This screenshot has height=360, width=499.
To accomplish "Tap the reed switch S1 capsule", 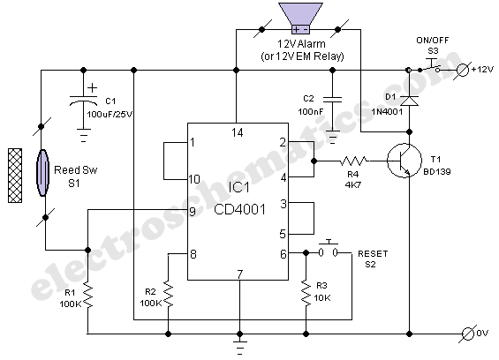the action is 43,173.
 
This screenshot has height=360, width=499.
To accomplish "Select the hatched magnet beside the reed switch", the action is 15,176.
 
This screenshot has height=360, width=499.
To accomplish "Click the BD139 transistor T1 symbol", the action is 404,161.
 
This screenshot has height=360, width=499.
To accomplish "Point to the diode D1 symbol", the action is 409,101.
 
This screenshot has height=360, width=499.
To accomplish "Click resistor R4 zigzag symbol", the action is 353,161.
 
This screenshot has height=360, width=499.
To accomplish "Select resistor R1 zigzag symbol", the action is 87,296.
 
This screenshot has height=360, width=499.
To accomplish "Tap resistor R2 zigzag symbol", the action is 168,294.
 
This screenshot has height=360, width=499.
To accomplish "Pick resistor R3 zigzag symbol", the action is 306,293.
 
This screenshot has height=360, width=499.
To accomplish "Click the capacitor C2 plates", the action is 333,100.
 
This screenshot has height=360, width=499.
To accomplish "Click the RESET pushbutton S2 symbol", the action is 329,250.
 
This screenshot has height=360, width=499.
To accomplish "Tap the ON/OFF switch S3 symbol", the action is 430,66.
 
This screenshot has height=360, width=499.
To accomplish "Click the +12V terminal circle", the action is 463,70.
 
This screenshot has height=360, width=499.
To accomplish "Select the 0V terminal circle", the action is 468,334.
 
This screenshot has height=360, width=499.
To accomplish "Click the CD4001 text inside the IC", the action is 240,209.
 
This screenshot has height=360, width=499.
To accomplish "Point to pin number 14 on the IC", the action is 238,132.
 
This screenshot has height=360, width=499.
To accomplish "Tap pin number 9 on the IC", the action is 193,212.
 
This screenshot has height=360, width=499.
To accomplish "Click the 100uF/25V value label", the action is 110,115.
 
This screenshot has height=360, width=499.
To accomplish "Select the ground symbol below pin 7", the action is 240,348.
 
